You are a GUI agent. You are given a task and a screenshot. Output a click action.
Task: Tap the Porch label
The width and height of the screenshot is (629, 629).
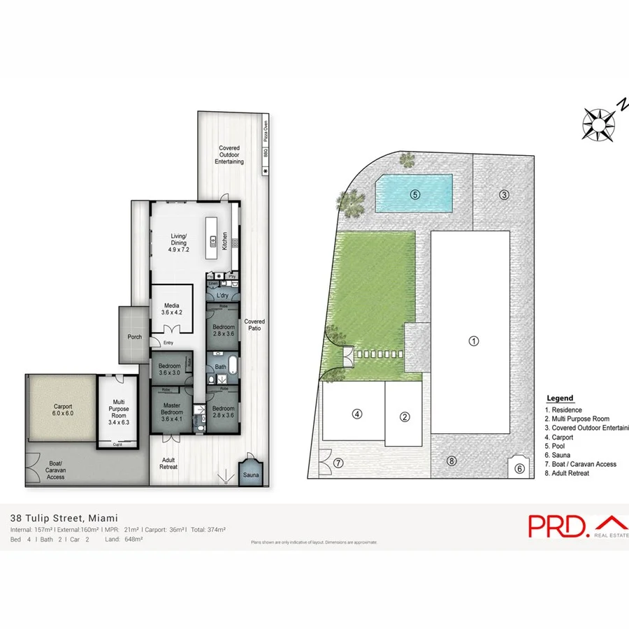point(135,337)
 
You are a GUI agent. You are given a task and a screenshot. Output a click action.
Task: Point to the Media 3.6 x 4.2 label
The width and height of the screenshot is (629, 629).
point(171,309)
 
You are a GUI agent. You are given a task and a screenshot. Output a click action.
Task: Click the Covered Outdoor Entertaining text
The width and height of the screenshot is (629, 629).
point(230,154)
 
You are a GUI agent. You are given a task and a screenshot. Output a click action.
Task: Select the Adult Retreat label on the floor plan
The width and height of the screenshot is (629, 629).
point(168,463)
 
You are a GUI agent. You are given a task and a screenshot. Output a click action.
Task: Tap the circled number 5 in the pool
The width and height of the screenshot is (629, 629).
point(414,195)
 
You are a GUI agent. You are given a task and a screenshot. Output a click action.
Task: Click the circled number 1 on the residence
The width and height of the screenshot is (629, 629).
point(473,342)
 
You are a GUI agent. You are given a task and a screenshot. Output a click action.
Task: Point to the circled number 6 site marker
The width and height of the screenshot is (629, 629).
point(519,469)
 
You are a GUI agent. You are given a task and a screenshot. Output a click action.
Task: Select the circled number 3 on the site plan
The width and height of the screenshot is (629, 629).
point(503,194)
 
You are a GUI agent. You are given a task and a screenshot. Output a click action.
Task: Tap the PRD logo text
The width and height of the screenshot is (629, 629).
point(558,525)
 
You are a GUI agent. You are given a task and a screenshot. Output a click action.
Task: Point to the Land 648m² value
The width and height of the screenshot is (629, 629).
point(124,539)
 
